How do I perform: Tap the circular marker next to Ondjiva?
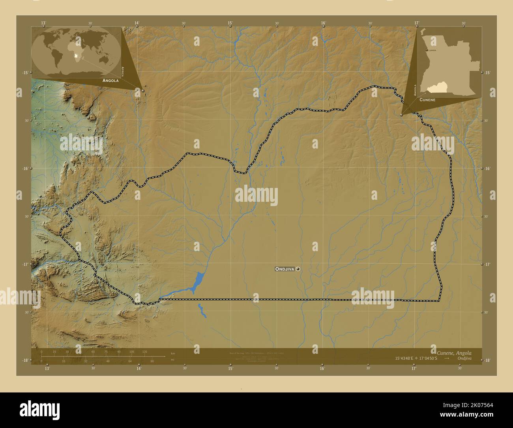(298, 269)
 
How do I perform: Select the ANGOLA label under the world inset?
(110, 80)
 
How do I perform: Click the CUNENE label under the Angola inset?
(427, 99)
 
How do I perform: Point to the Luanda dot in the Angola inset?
(426, 51)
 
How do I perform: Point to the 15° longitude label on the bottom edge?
(230, 369)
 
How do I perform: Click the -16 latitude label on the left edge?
(24, 169)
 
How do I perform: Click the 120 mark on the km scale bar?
(144, 351)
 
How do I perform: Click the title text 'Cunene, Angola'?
(454, 353)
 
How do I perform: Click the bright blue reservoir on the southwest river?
(198, 281)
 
